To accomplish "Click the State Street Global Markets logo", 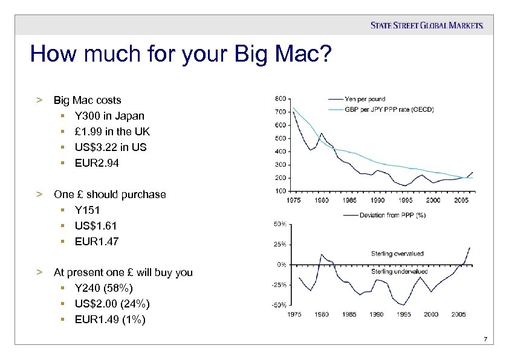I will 427,25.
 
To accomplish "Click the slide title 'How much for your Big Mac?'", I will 181,55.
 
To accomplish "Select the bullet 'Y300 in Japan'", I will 109,115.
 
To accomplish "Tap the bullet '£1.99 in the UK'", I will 112,131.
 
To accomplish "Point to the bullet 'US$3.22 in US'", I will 111,147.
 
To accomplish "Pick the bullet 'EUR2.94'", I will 97,162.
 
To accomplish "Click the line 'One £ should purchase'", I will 109,194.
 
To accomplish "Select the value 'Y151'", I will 88,210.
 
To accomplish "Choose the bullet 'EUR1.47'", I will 97,242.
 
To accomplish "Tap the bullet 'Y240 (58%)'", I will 104,288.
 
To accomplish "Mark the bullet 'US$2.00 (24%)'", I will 112,304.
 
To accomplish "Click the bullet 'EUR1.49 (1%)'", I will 110,320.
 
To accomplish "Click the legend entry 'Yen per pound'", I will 365,99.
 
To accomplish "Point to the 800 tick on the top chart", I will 281,98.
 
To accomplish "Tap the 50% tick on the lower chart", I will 280,225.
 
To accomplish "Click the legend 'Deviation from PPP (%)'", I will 391,215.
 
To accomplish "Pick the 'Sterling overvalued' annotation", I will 397,254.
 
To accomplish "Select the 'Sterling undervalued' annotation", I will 399,271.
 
